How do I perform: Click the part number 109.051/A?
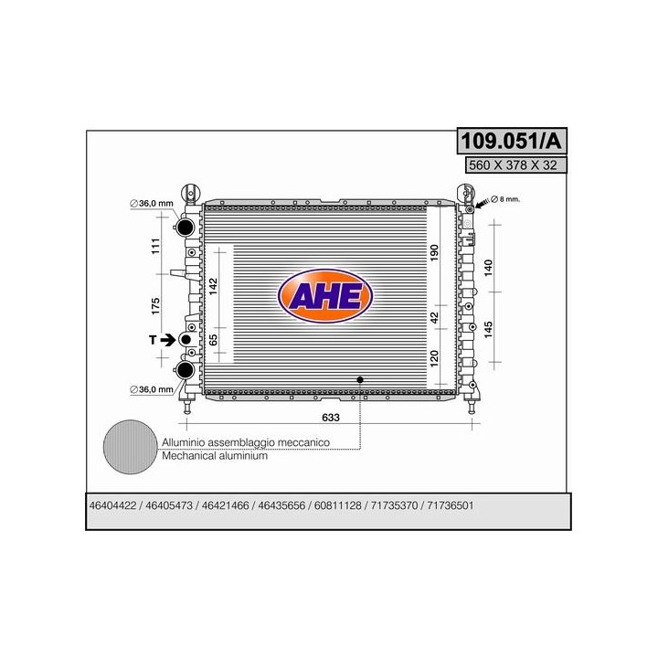[512, 141]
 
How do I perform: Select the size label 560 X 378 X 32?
[513, 164]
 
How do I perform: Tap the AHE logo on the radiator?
[325, 295]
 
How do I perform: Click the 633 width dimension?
[331, 417]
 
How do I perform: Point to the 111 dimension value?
[155, 247]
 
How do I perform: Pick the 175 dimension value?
[155, 306]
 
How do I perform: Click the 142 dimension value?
[213, 286]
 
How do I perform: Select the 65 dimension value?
[213, 339]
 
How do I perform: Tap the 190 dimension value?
[434, 252]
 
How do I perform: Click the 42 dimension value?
[434, 317]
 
